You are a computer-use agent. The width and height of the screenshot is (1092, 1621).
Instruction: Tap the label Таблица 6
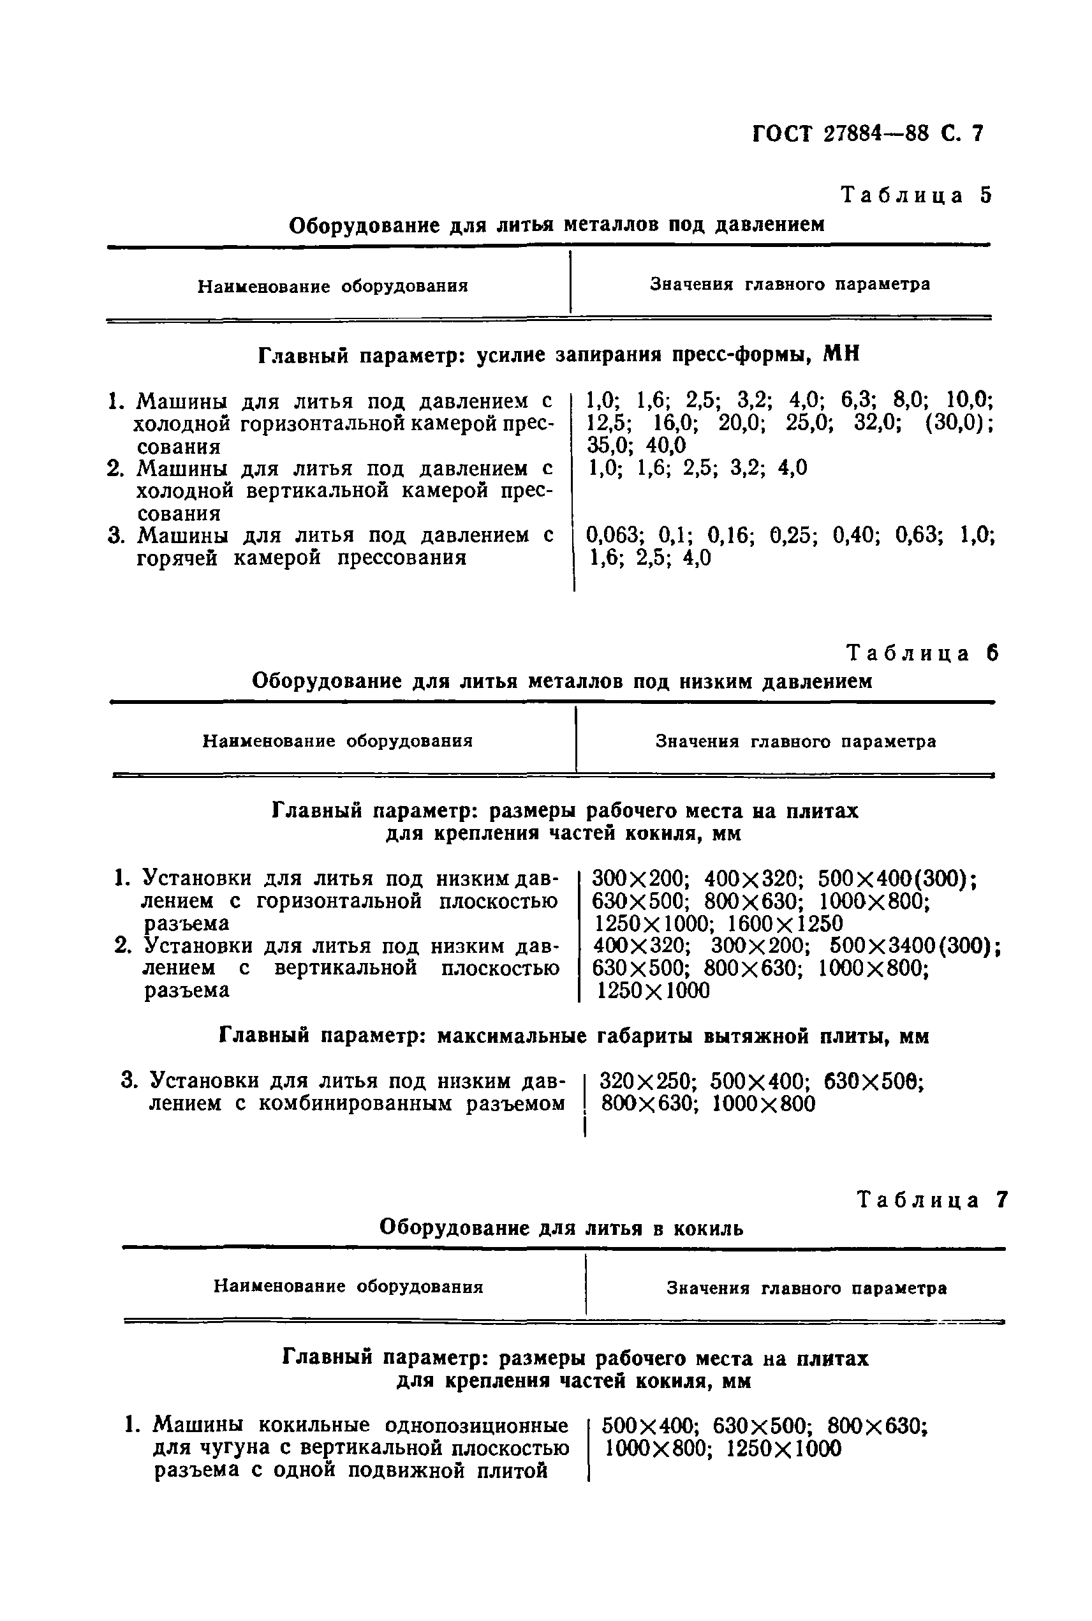point(921,653)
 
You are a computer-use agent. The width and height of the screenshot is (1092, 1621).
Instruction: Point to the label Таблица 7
point(932,1200)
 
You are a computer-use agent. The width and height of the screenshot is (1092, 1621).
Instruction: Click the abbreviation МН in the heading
point(841,355)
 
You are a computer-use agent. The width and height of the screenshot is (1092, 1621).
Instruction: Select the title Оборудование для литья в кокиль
point(561,1228)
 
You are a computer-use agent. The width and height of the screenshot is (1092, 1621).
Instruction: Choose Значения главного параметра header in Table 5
point(790,284)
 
